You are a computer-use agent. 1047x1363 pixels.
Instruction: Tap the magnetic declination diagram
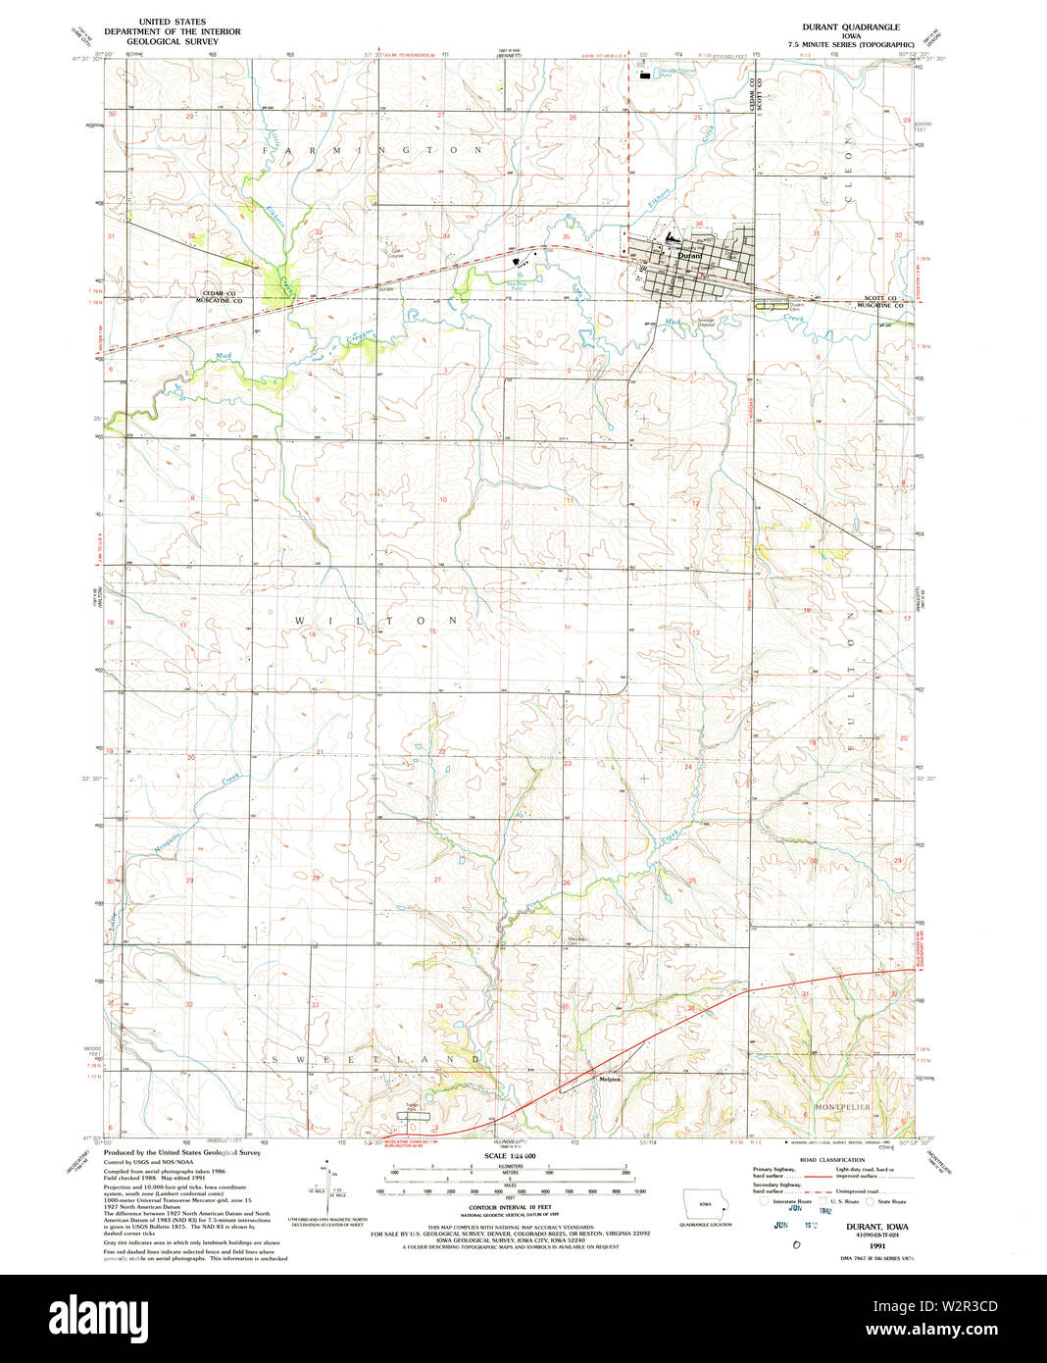click(324, 1188)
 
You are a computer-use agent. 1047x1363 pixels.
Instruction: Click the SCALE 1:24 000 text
click(507, 1157)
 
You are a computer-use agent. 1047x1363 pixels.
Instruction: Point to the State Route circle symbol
click(871, 1201)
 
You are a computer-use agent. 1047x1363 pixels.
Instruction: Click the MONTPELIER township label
click(841, 1107)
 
